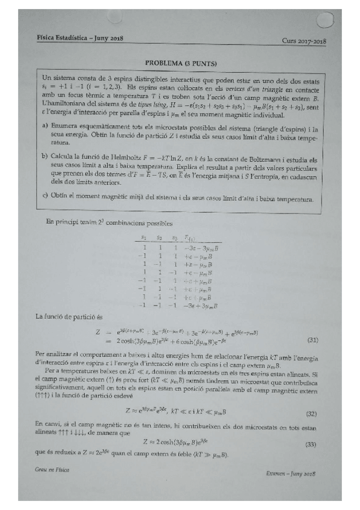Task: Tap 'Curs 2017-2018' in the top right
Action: (304, 40)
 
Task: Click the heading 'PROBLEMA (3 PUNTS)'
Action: (181, 63)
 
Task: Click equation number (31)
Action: (312, 340)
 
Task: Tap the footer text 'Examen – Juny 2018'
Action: (291, 474)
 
